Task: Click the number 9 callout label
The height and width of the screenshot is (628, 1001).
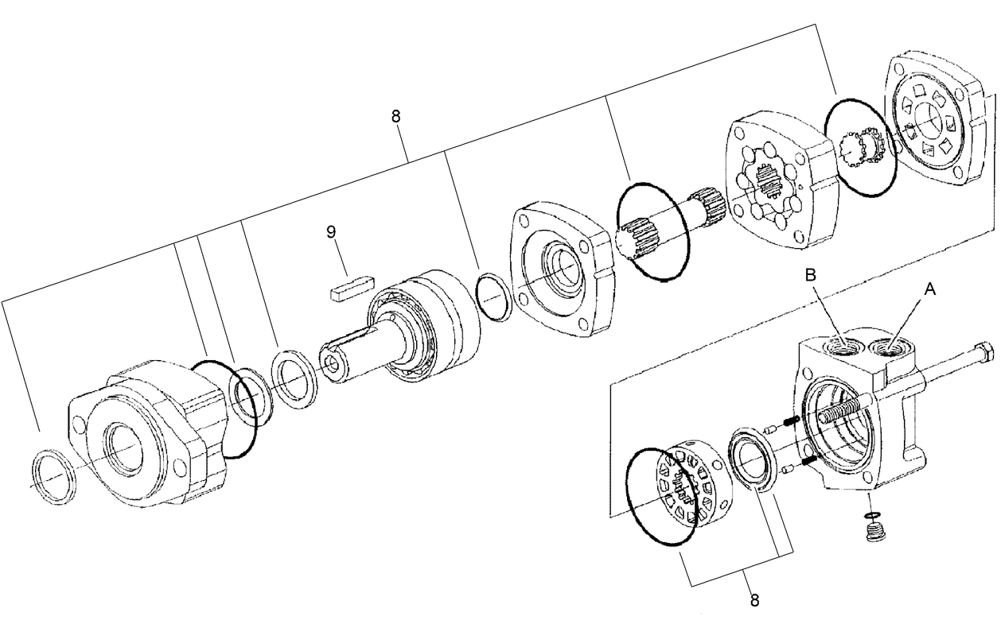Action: tap(331, 231)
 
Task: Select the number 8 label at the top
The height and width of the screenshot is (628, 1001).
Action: tap(395, 116)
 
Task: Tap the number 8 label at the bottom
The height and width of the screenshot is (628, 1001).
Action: tap(754, 600)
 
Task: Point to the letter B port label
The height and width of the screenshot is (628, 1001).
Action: tap(809, 275)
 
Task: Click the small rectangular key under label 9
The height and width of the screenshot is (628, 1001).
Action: tap(350, 287)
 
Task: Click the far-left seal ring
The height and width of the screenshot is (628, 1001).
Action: tap(53, 476)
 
